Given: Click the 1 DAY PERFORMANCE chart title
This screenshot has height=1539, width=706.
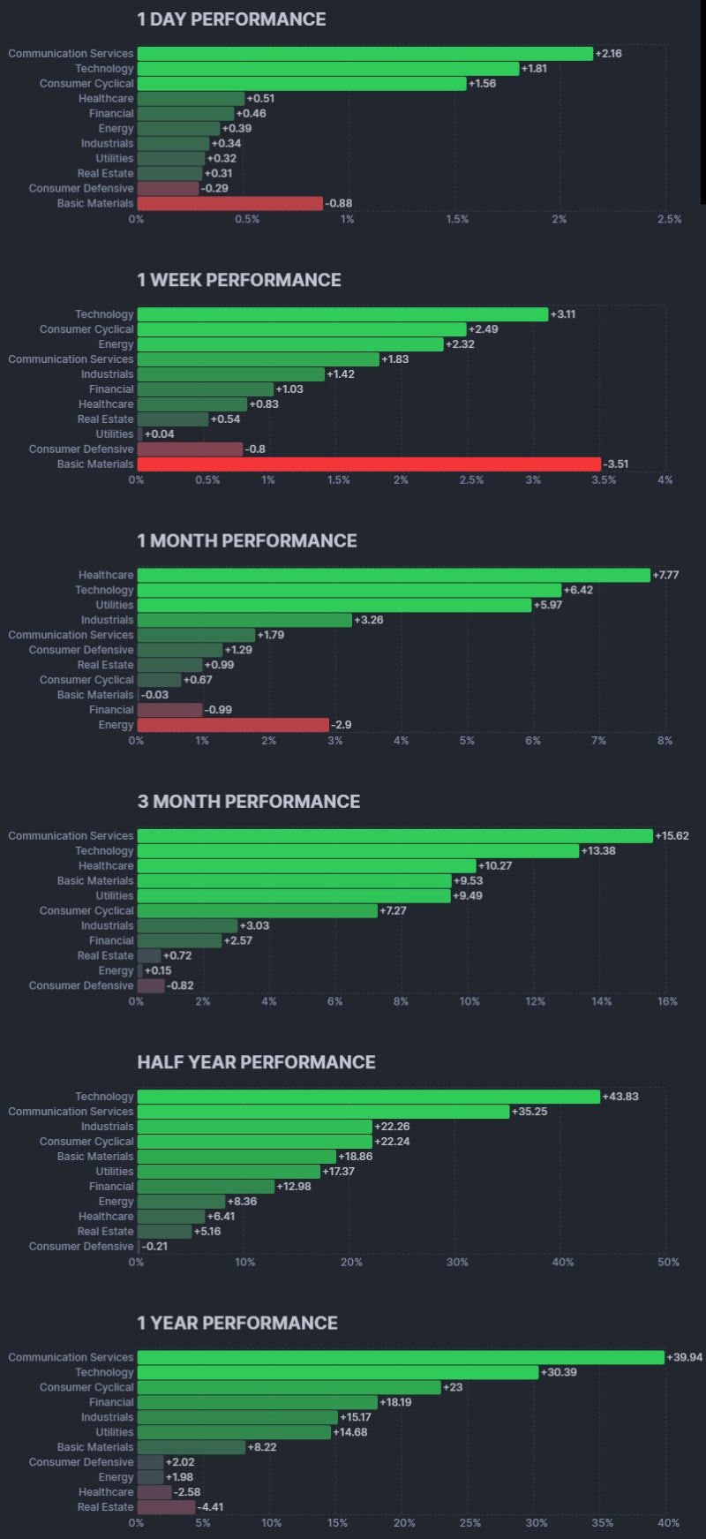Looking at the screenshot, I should point(231,19).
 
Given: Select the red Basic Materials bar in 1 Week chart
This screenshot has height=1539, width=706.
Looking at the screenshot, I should point(369,464).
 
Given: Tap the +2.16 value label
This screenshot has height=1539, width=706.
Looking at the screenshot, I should point(609,54).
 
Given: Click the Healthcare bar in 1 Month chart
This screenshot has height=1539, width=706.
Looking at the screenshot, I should point(394,576).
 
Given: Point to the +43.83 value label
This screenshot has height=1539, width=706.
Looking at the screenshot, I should point(620,1097).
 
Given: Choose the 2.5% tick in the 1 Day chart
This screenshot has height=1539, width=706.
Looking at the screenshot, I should point(669,219).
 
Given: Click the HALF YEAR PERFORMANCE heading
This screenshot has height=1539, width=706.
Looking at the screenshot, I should point(256,1062).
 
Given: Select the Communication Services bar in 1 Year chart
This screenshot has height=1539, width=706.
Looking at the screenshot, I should point(401,1358).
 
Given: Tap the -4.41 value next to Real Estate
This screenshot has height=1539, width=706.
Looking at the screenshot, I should point(210,1507).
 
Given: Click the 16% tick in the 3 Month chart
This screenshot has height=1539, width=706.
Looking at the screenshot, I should point(667,1001).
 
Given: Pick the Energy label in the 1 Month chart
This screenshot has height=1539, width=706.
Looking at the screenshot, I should point(116,725).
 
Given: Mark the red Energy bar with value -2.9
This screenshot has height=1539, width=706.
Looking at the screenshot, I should point(233,725).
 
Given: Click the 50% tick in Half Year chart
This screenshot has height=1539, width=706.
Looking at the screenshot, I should point(668,1262).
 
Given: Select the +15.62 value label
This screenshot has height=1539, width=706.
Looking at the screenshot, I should point(672,836).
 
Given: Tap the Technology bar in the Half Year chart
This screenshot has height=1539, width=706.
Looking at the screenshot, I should point(369,1097).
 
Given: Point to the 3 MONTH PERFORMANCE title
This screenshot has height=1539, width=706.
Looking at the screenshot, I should point(248,802).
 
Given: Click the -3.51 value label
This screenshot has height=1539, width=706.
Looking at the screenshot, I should point(616,464).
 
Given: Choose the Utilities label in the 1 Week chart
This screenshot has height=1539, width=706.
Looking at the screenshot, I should point(115,434).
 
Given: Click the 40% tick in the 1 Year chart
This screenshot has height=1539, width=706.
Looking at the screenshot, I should point(668,1522).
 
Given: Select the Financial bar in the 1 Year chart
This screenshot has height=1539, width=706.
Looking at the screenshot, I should point(258,1402).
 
